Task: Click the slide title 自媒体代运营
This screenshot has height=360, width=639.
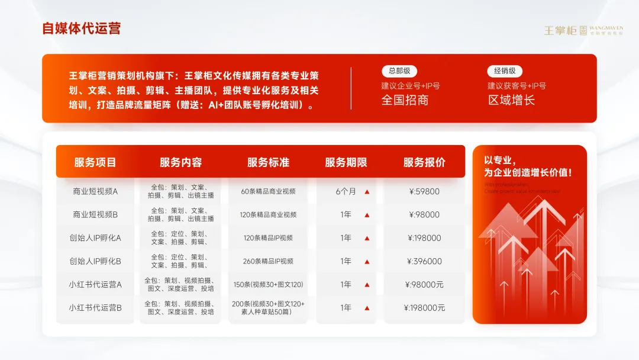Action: coord(81,28)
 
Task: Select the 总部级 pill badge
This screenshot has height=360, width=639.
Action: coord(399,71)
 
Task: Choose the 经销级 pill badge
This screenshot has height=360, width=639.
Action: coord(505,71)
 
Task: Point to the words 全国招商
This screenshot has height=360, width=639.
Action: coord(405,100)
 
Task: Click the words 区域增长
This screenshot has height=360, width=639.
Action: coord(511,100)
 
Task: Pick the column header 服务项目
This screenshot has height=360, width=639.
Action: coord(95,162)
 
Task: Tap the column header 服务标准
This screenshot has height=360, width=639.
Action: coord(268,162)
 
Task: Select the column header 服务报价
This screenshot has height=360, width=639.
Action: coord(424,162)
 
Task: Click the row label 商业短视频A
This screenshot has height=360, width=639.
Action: coord(95,191)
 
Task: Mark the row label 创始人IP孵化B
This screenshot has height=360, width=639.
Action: coord(95,261)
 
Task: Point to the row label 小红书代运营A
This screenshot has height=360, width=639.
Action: coord(95,284)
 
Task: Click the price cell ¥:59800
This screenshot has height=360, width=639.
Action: coord(424,191)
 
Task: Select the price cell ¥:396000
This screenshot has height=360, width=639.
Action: coord(424,261)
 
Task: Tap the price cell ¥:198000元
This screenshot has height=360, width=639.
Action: coord(424,307)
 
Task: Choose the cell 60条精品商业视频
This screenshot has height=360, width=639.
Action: coord(268,191)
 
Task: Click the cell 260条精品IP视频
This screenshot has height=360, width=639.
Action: coord(268,261)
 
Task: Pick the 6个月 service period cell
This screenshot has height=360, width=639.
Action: coord(346,191)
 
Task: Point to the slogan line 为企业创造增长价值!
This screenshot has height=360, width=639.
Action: coord(528,173)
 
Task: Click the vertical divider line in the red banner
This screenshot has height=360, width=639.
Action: coord(351,88)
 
